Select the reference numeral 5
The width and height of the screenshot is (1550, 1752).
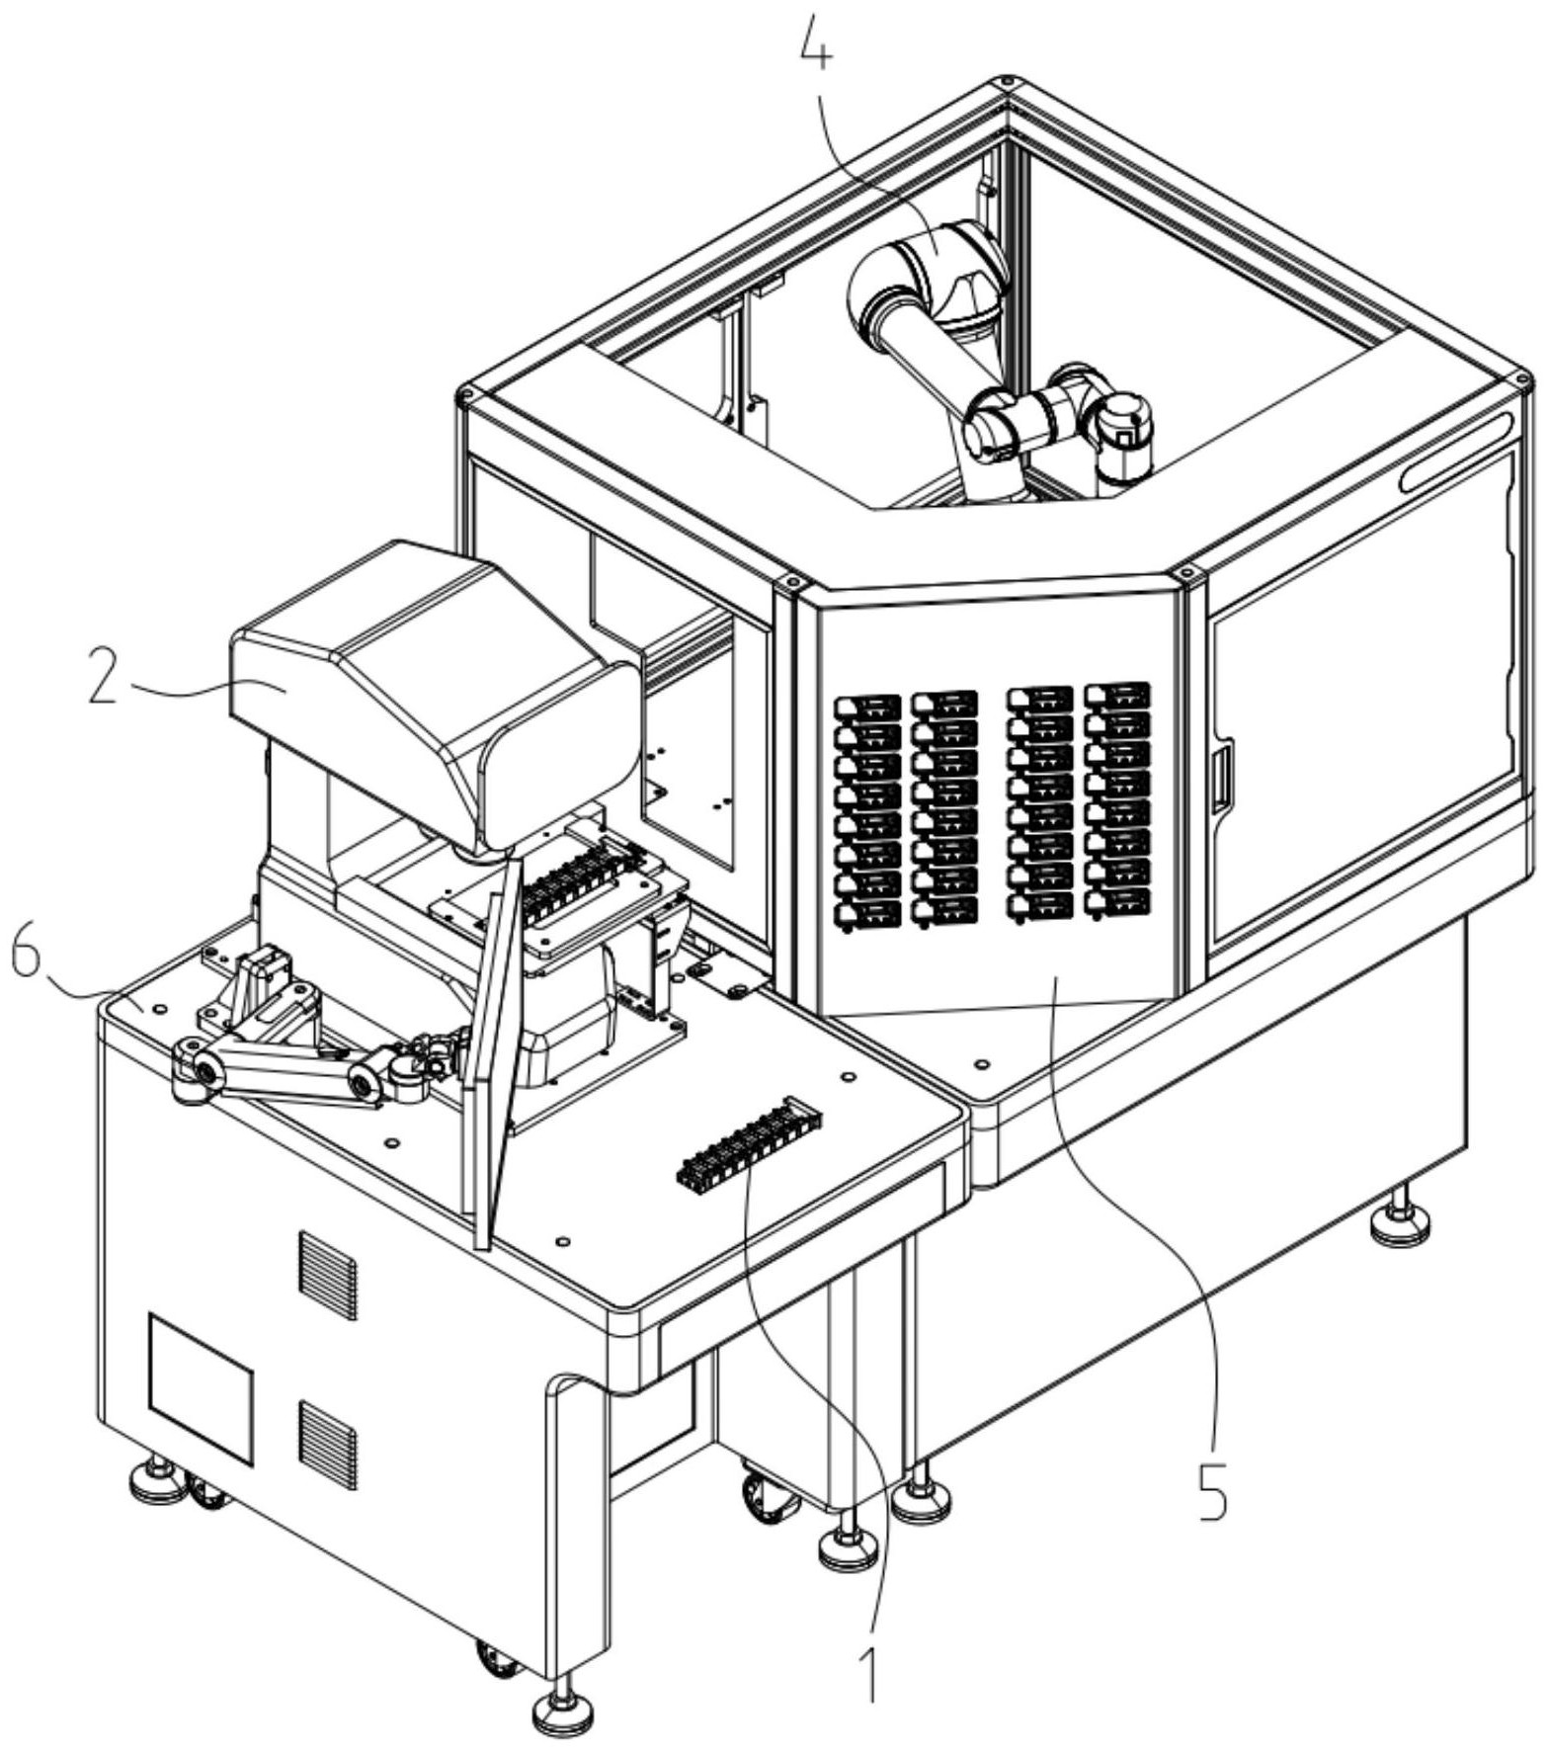(x=1212, y=1489)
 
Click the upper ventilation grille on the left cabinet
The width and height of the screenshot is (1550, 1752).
(x=327, y=1275)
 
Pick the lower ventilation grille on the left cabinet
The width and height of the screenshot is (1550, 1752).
(x=327, y=1445)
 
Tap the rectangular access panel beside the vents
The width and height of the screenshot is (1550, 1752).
(x=201, y=1387)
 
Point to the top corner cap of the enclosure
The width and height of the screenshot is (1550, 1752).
(x=1006, y=83)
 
